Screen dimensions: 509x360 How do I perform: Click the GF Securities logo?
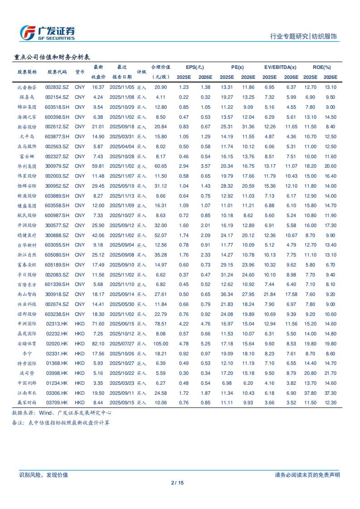coord(48,32)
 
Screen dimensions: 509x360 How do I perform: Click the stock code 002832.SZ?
coord(57,87)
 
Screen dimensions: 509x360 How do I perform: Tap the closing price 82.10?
coord(98,344)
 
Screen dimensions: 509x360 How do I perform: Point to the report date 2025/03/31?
coord(121,136)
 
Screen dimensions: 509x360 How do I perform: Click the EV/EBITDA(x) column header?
coord(280,67)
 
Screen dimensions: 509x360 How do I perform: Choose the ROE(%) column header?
coord(321,67)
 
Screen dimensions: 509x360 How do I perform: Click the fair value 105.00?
coord(161,344)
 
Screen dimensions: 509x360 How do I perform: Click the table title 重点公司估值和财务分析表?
coord(52,57)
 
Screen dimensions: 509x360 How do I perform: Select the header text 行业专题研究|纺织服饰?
coord(303,37)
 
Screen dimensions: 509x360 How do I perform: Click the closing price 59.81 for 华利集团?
coord(98,166)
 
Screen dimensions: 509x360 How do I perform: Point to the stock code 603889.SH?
coord(57,196)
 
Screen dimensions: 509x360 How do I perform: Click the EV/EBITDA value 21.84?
coord(269,294)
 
